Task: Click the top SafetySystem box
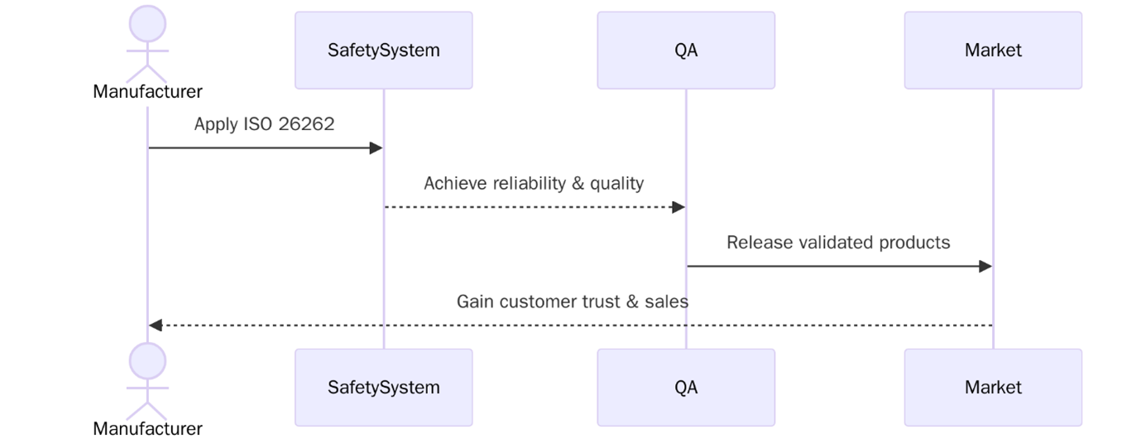click(383, 50)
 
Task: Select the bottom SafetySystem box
click(383, 387)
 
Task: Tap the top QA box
click(686, 50)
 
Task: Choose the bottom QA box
click(686, 387)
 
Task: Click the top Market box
click(992, 50)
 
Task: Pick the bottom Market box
click(992, 387)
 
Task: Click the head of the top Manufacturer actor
click(148, 23)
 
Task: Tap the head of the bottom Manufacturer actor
click(148, 361)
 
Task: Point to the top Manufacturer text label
click(147, 91)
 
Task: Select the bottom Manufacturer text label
click(147, 428)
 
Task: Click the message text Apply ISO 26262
click(264, 124)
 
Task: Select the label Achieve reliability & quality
click(534, 183)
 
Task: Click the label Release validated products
click(838, 243)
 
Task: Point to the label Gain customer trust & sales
click(572, 302)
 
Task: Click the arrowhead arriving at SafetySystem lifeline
click(376, 148)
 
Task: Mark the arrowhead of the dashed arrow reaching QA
click(678, 207)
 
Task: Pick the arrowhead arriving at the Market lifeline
click(985, 267)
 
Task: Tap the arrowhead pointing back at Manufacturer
click(156, 326)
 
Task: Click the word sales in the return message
click(667, 302)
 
